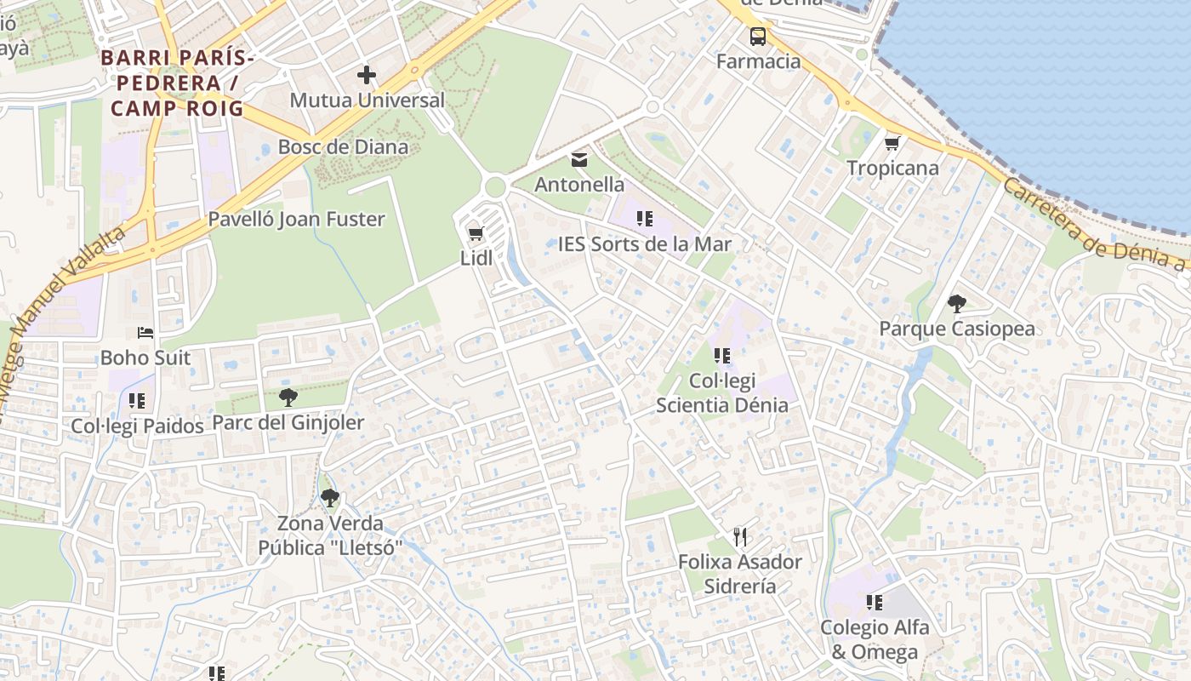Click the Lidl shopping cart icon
pyautogui.click(x=476, y=233)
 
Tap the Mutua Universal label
pyautogui.click(x=367, y=100)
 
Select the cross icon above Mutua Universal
pyautogui.click(x=367, y=75)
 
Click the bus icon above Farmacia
pyautogui.click(x=757, y=37)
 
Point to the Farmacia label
pyautogui.click(x=758, y=61)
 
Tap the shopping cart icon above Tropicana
pyautogui.click(x=892, y=143)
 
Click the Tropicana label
pyautogui.click(x=892, y=168)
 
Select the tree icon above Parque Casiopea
pyautogui.click(x=956, y=303)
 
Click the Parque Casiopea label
pyautogui.click(x=957, y=329)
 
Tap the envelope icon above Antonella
pyautogui.click(x=579, y=159)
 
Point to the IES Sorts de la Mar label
pyautogui.click(x=645, y=244)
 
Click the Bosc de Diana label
pyautogui.click(x=343, y=146)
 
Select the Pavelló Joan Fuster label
pyautogui.click(x=297, y=219)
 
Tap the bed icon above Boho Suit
pyautogui.click(x=145, y=332)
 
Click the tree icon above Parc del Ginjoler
pyautogui.click(x=288, y=397)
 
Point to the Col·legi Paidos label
pyautogui.click(x=137, y=426)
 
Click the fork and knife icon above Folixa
pyautogui.click(x=740, y=537)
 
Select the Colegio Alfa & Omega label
pyautogui.click(x=875, y=639)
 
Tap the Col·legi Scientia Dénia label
pyautogui.click(x=722, y=392)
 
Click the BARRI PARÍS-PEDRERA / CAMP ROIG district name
pyautogui.click(x=177, y=83)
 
